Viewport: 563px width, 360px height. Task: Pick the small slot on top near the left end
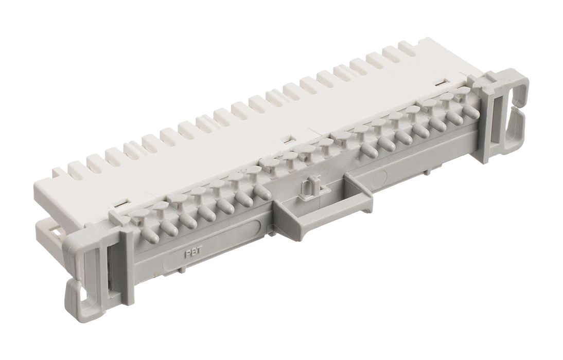click(120, 204)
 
